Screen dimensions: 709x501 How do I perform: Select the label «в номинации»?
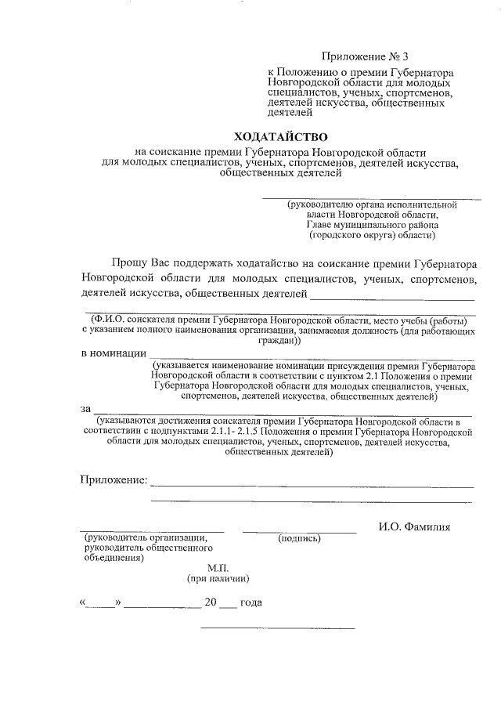113,353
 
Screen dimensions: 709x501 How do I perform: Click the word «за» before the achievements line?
85,409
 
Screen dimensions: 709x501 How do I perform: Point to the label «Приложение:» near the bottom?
114,479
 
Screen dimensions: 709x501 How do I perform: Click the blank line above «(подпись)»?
299,532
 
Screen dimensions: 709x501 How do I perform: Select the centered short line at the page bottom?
278,628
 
